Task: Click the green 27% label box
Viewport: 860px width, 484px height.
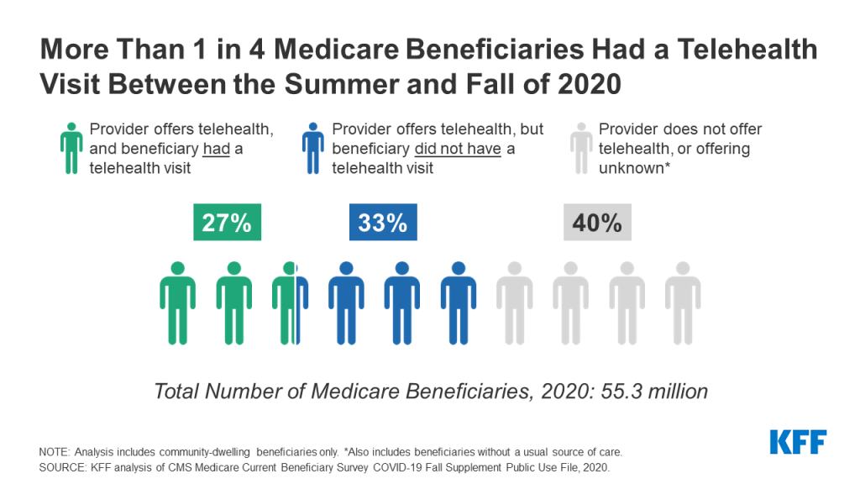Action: click(x=227, y=223)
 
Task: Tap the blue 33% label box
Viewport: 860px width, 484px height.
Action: click(x=383, y=223)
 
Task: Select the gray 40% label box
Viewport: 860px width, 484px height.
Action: click(x=597, y=223)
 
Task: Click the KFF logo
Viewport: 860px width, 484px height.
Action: click(x=798, y=442)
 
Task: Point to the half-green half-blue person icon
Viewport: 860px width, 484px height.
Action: click(x=290, y=303)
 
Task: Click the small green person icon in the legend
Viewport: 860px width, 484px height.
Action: click(x=71, y=149)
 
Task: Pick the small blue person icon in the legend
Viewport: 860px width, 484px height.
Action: click(x=314, y=149)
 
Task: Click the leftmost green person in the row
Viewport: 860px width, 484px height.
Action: click(x=177, y=303)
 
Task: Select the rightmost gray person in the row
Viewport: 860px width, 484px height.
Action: click(x=683, y=303)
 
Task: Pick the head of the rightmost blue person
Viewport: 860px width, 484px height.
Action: click(x=458, y=268)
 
